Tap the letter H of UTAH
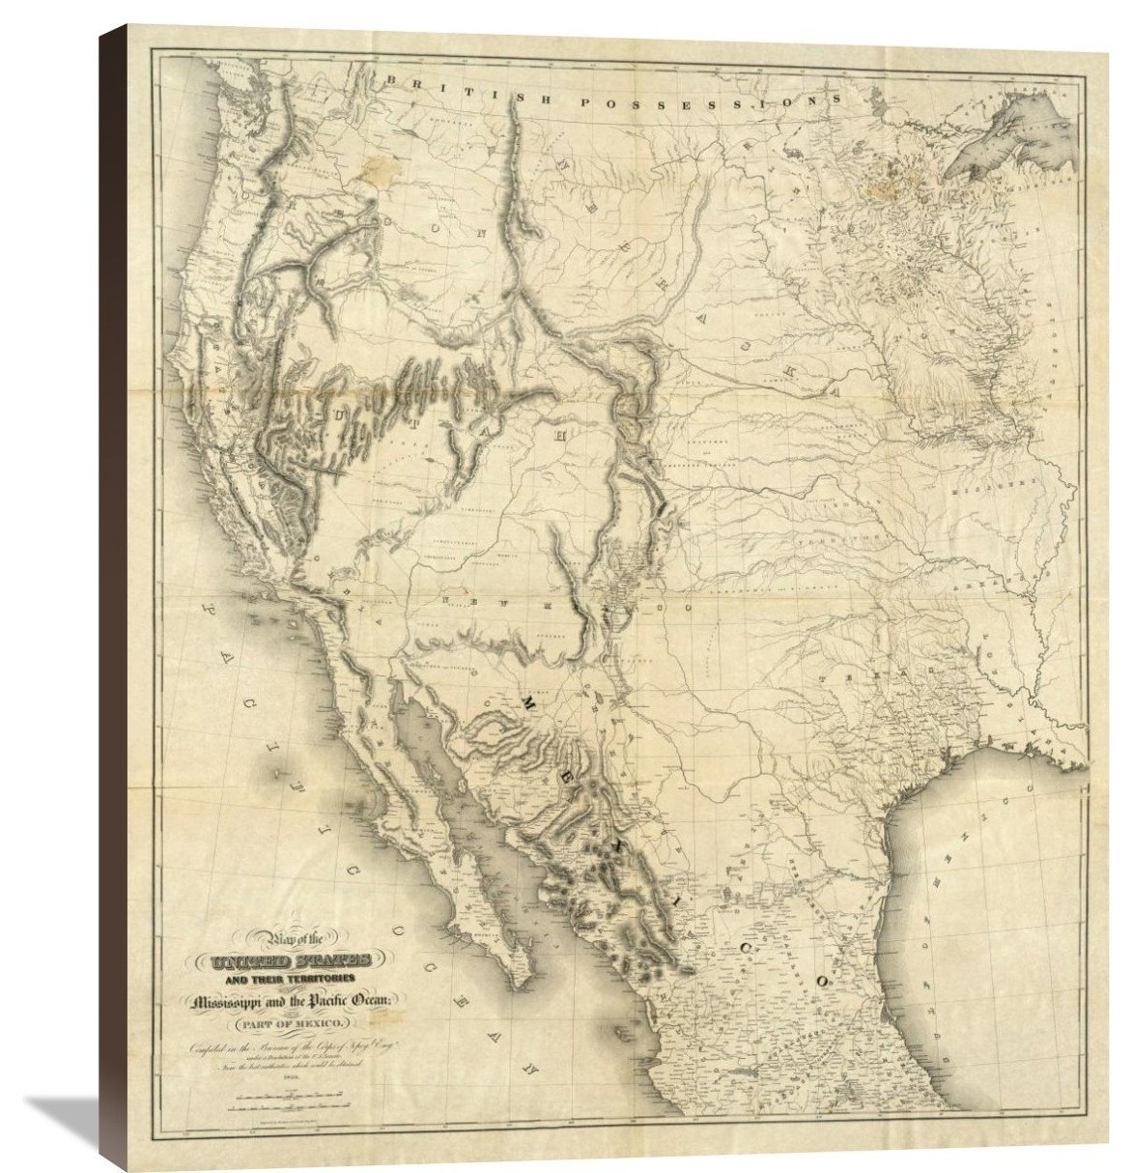(x=557, y=435)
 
